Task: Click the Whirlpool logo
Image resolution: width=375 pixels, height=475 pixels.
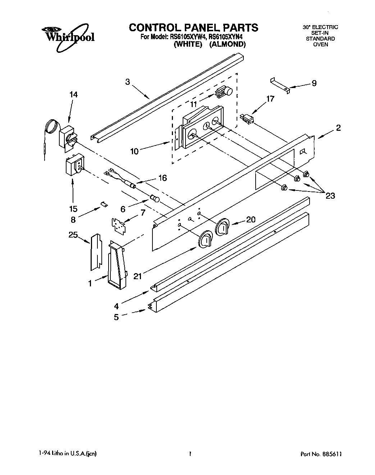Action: coord(67,35)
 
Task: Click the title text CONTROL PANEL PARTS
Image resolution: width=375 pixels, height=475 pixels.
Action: coord(193,28)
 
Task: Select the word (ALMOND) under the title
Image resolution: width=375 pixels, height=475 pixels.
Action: coord(227,45)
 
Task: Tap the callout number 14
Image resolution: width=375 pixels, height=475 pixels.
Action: coord(73,94)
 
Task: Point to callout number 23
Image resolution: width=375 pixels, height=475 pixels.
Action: coord(330,195)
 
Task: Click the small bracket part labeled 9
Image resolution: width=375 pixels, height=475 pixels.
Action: coord(280,85)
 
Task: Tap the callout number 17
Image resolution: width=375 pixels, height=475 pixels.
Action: coord(270,99)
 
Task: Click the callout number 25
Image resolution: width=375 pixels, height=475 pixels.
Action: coord(73,235)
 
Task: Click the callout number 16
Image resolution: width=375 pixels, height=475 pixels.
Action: coord(163,178)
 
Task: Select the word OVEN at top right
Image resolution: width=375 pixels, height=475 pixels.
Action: coord(320,45)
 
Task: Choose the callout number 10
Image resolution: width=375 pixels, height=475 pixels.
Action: coord(134,151)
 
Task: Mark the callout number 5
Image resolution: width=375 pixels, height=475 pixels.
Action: coord(116,317)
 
